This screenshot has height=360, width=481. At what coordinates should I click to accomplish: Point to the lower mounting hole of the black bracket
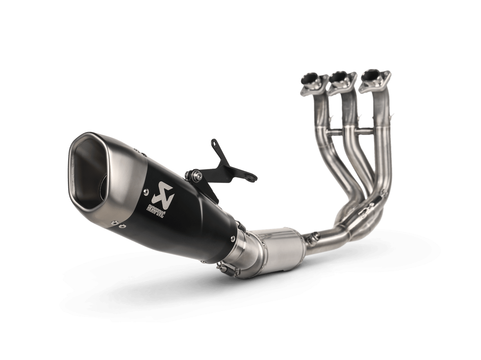click(x=250, y=172)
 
